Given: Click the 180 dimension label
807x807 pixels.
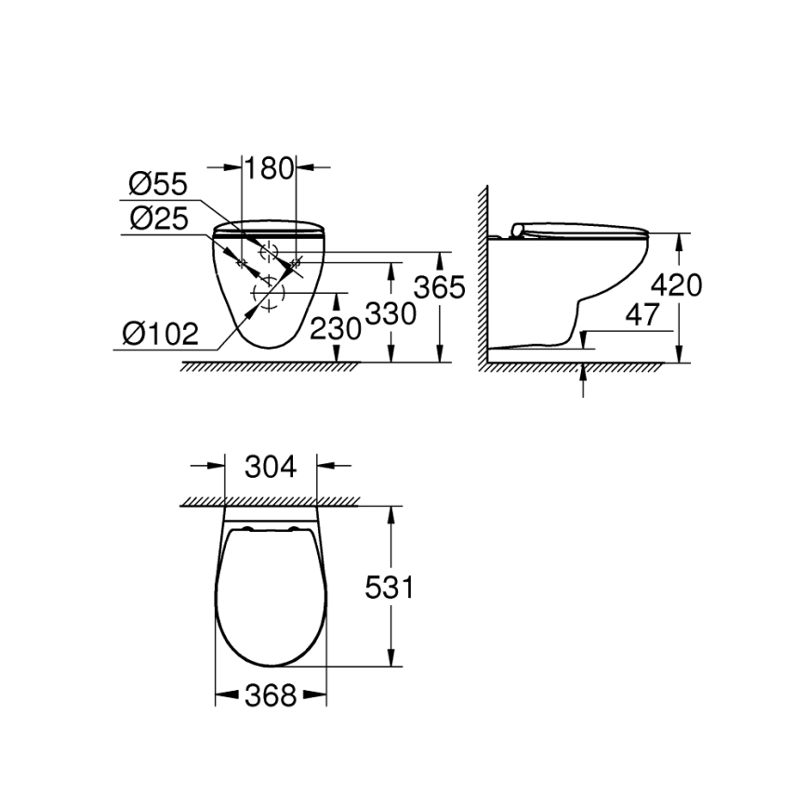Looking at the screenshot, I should pos(269,167).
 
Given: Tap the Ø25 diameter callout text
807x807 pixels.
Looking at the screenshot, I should pos(158,219).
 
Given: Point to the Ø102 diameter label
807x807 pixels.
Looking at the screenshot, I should pos(161,331).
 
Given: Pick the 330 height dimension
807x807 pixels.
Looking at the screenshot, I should pos(389,314).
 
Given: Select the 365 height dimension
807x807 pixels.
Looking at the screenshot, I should pos(438,288).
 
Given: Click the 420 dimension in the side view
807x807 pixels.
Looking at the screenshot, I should pos(677,284).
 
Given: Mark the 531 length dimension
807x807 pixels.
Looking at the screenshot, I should pos(388,587).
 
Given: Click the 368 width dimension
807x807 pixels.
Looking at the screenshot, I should pos(271,695).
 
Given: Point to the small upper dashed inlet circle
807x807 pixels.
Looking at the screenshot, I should pos(270,251).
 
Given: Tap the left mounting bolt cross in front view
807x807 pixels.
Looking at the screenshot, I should pos(242,265).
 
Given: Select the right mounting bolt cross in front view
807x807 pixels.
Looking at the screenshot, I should pos(297,265).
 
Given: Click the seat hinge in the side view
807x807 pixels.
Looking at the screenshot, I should pos(519,230).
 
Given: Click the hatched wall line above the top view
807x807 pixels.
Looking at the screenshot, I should pos(270,501).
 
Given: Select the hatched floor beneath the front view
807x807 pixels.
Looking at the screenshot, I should pos(270,366).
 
